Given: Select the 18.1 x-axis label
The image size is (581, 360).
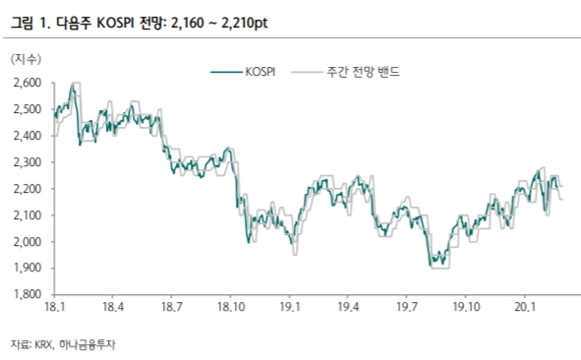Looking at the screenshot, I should (55, 309).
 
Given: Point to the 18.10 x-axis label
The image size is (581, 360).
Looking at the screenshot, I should (231, 309).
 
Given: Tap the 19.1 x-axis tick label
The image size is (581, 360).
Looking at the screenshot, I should (289, 309).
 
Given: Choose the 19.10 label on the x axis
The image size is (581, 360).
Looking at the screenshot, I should (465, 309).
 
